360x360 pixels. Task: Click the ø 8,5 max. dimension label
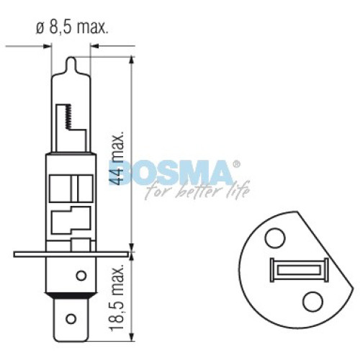pyautogui.click(x=72, y=28)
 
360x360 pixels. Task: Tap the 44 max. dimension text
pyautogui.click(x=117, y=158)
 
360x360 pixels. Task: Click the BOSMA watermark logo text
pyautogui.click(x=171, y=173)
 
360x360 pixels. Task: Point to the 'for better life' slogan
pyautogui.click(x=198, y=190)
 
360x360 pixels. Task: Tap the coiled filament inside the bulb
pyautogui.click(x=68, y=117)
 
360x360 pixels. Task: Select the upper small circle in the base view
pyautogui.click(x=275, y=238)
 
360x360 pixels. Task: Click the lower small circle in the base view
pyautogui.click(x=313, y=302)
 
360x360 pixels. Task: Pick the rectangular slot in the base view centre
pyautogui.click(x=300, y=270)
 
